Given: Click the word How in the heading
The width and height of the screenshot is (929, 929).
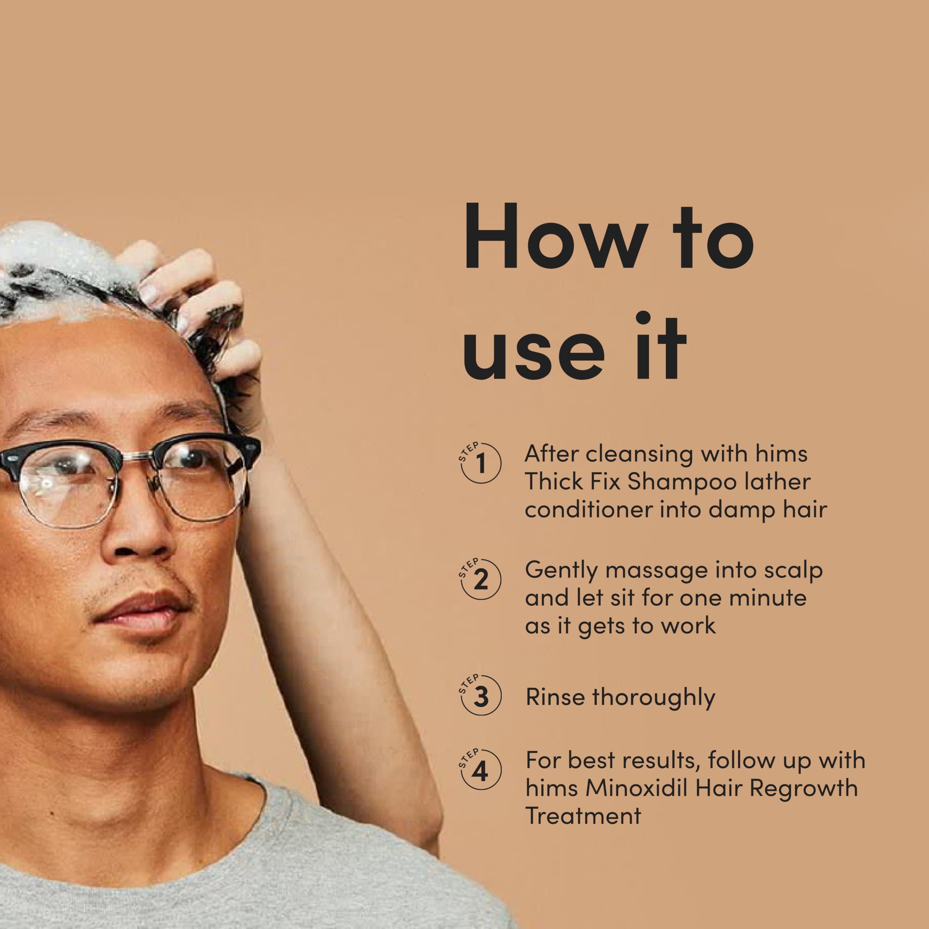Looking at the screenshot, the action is point(555,236).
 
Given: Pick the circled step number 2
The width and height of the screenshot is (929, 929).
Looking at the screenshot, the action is point(480,580).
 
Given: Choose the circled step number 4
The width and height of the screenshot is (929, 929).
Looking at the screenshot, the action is point(480,771).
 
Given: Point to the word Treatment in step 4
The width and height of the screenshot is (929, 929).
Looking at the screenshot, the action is point(583,815).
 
